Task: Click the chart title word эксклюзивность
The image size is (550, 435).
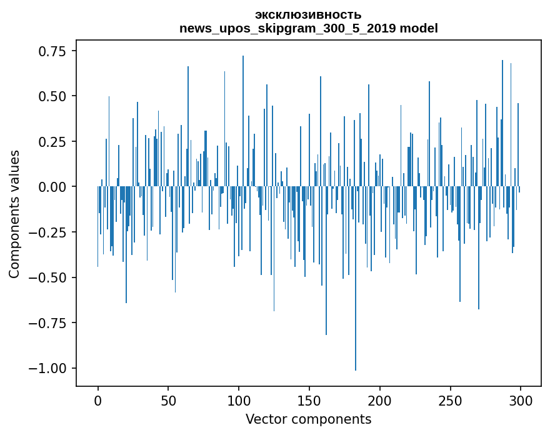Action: pyautogui.click(x=308, y=14)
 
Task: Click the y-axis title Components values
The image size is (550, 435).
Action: pyautogui.click(x=14, y=214)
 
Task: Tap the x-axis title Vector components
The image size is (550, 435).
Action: pyautogui.click(x=308, y=419)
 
